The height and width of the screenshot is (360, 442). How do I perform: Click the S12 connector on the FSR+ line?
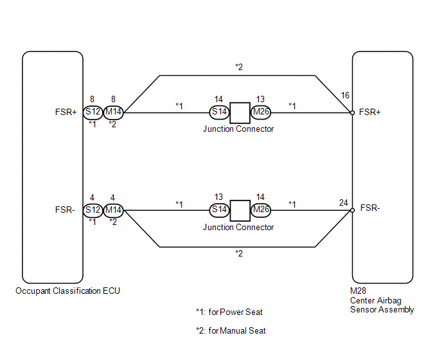93,113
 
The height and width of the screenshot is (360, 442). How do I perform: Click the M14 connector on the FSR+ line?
113,113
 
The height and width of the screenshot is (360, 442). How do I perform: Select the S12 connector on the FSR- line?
93,210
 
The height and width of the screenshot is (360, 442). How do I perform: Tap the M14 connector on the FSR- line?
113,210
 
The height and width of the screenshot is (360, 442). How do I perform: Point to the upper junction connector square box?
240,113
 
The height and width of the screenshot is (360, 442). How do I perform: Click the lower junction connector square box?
240,211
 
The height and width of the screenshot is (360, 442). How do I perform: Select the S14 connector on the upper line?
219,113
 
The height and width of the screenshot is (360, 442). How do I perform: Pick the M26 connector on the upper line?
261,113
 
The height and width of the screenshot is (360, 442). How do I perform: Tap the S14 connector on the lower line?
219,210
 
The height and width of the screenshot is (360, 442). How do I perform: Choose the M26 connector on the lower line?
261,210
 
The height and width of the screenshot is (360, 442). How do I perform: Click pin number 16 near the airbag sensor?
345,95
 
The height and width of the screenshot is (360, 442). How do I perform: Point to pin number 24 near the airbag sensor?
343,203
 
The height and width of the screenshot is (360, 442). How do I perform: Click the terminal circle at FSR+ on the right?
352,113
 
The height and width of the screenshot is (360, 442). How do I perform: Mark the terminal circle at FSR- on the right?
352,210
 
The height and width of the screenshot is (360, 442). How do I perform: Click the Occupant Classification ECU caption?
67,291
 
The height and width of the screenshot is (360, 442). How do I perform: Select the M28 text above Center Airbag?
358,291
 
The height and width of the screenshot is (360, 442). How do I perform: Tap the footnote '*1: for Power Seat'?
229,312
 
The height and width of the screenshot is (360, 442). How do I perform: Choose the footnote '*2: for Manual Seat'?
231,330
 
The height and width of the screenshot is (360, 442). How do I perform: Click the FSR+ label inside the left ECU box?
66,113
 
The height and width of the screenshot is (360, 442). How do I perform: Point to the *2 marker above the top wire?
239,67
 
